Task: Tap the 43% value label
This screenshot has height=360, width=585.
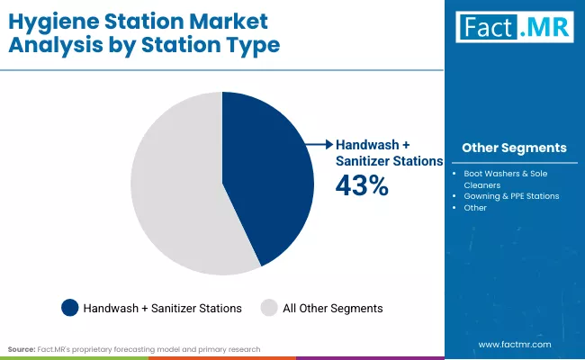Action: coord(362,186)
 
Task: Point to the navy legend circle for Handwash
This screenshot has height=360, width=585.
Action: coord(69,308)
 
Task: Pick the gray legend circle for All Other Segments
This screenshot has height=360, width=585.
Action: coord(268,308)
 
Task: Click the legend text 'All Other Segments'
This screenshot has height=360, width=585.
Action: coord(332,308)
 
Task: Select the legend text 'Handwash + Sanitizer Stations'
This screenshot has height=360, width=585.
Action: coord(162,308)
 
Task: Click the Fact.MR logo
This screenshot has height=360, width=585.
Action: coord(514,28)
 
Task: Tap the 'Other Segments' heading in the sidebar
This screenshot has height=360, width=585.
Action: coord(514,148)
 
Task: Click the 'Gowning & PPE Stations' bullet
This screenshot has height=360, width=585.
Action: coord(511,195)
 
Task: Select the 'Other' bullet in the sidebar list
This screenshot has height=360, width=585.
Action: coord(475,208)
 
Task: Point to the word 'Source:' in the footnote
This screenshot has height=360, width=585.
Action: coord(21,348)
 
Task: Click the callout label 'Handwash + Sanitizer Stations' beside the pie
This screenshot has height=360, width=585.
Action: coord(388,152)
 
